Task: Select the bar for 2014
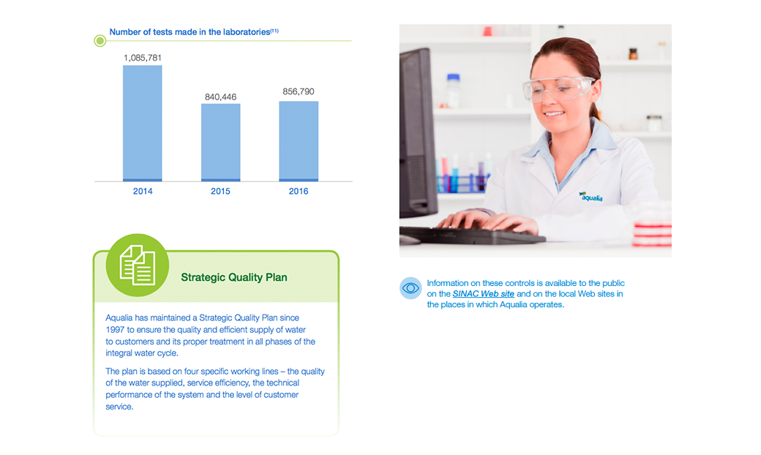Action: [x=142, y=123]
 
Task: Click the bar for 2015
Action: [x=221, y=143]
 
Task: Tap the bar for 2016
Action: [x=299, y=141]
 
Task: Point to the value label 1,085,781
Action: [x=142, y=58]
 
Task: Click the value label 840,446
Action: [x=220, y=97]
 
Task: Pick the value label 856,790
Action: [x=299, y=91]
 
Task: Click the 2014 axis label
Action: [x=143, y=191]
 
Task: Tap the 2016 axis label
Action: [x=299, y=191]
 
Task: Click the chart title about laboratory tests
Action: [x=194, y=32]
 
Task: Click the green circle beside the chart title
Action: [x=100, y=41]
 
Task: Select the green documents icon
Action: [x=138, y=265]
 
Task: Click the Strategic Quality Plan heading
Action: [x=234, y=277]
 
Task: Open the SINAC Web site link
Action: [x=484, y=294]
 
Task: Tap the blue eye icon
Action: [x=411, y=288]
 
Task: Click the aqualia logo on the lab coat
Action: [x=591, y=197]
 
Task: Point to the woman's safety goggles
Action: [x=558, y=89]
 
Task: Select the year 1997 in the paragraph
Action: [x=115, y=330]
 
